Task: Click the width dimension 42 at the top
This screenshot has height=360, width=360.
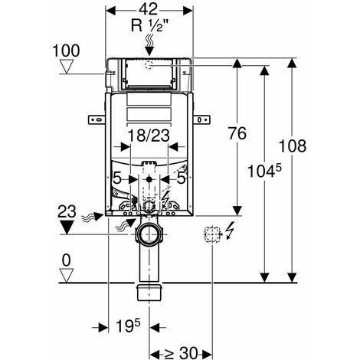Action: tap(149, 9)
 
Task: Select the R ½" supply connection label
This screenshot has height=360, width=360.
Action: tap(150, 25)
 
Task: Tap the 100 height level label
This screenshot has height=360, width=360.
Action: tap(66, 51)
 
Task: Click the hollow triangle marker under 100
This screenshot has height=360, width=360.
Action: tap(67, 67)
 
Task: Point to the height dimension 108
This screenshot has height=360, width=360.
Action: tap(292, 146)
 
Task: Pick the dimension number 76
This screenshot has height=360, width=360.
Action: tap(237, 133)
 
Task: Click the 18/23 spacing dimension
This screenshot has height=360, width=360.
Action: tap(149, 136)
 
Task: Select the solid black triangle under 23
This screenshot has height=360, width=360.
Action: tap(67, 227)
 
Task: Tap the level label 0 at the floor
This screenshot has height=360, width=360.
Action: tap(67, 260)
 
